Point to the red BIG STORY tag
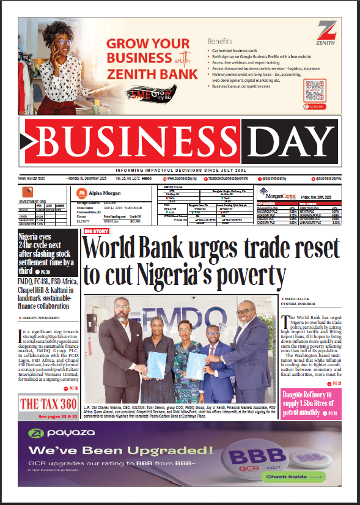tap(97, 231)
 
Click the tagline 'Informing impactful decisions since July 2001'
tap(180, 170)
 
